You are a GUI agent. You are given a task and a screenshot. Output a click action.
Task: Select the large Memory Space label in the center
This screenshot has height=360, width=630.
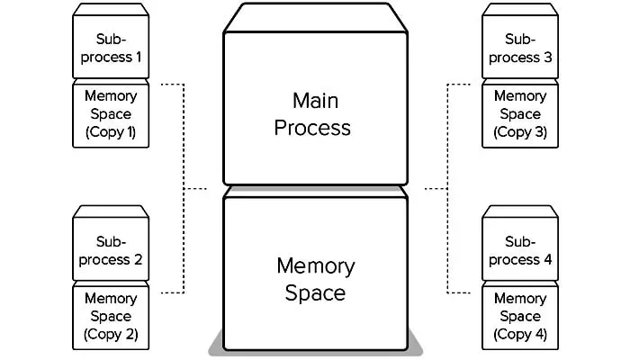coord(315,279)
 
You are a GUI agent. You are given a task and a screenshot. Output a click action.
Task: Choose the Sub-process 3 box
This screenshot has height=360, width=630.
coord(519,49)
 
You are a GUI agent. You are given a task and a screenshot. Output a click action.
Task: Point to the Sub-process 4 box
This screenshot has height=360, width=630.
coord(519,251)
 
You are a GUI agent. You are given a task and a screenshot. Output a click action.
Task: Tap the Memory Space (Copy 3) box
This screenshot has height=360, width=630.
coord(519,114)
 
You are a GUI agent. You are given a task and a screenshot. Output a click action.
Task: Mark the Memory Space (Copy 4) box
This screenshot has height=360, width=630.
coord(519,316)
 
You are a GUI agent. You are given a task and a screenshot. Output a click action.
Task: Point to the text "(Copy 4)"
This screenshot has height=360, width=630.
coord(519,334)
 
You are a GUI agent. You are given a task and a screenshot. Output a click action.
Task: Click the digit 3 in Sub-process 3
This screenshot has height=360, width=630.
coord(550,58)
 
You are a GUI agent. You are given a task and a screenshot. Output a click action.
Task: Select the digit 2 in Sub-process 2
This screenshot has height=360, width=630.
coord(139,260)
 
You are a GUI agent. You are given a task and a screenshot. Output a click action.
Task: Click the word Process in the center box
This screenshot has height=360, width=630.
coord(312,127)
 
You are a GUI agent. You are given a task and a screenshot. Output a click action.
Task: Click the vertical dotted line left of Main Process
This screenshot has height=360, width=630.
coord(184,189)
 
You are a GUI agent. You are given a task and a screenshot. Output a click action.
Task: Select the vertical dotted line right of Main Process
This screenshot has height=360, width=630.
coord(447,189)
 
